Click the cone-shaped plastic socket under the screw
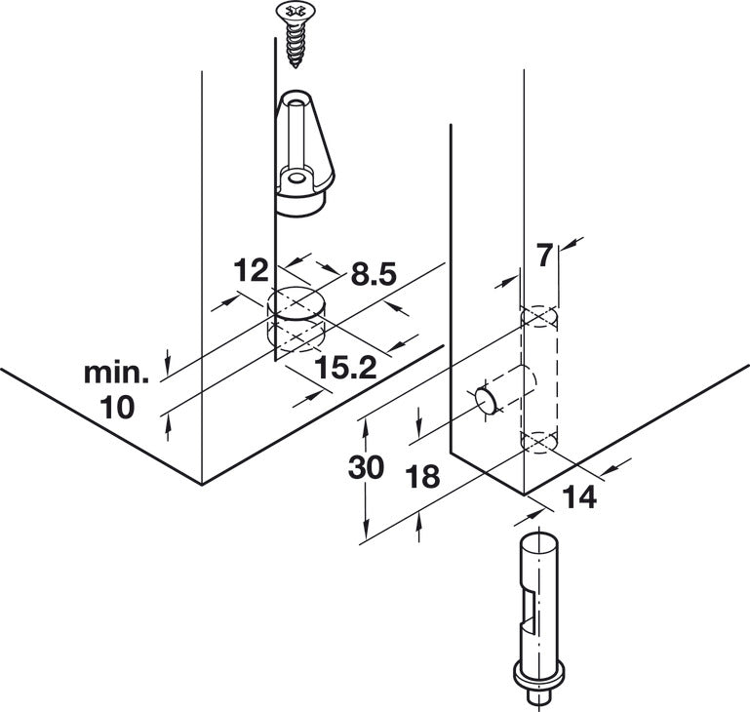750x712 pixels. tap(301, 156)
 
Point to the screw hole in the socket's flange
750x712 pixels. tap(296, 179)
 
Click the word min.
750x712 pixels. tap(117, 372)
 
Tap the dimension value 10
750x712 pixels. tap(118, 408)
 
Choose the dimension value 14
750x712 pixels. tap(579, 498)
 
